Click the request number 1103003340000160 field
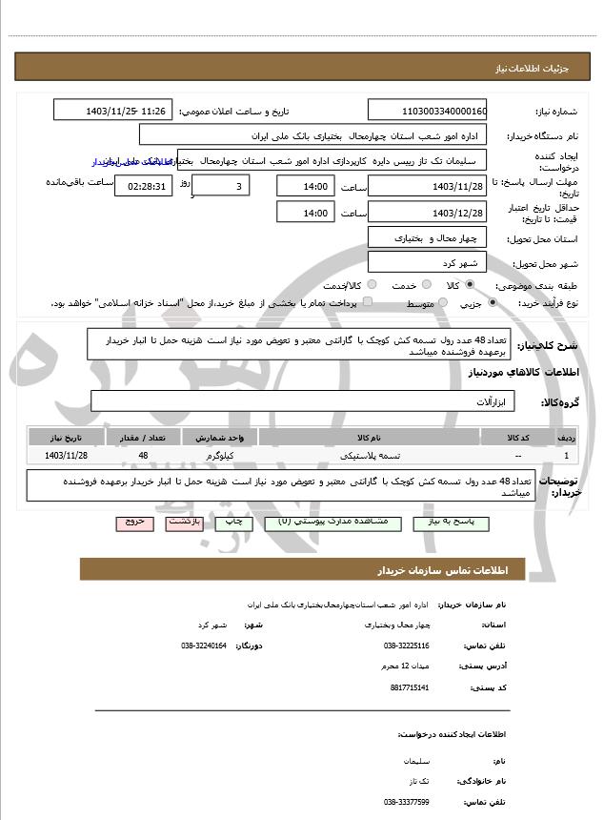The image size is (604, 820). [x=427, y=111]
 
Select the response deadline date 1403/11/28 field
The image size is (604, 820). [x=427, y=186]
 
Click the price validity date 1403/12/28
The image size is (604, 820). [x=427, y=213]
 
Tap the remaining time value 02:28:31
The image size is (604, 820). [x=143, y=186]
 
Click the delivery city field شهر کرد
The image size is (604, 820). [x=427, y=262]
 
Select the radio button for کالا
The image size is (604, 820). [x=470, y=284]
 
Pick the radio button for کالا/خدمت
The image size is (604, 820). [x=372, y=284]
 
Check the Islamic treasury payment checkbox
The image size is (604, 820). [x=368, y=302]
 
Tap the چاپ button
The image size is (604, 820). [x=231, y=523]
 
